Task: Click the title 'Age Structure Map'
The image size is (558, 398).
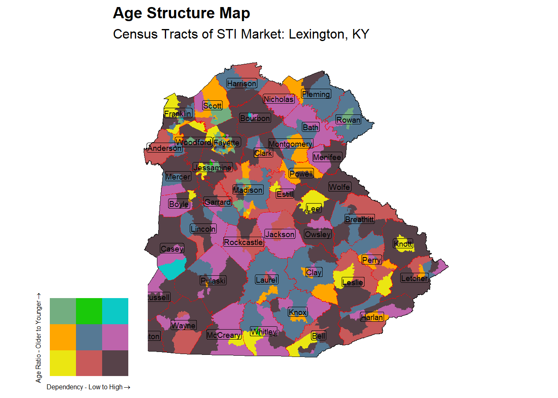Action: click(x=181, y=13)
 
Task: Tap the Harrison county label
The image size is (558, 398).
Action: click(x=242, y=83)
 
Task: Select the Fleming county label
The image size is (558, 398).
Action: click(x=316, y=94)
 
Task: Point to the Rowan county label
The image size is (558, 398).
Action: click(x=348, y=120)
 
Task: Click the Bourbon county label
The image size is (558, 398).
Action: click(x=255, y=118)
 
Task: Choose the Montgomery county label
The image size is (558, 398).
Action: click(x=290, y=144)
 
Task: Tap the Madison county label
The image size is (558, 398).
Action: click(x=248, y=190)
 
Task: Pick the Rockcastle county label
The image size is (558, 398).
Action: click(x=243, y=242)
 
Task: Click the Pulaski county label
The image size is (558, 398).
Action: click(x=213, y=281)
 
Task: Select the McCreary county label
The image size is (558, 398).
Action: click(x=224, y=335)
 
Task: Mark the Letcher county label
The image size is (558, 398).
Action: click(x=414, y=278)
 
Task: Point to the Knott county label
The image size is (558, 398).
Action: click(x=403, y=243)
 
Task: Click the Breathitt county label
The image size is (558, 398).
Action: click(x=360, y=219)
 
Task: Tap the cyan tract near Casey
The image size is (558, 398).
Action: click(x=172, y=269)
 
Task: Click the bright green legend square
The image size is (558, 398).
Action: click(x=89, y=311)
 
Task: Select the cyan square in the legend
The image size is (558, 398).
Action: click(x=115, y=311)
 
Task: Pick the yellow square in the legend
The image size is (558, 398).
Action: click(x=63, y=363)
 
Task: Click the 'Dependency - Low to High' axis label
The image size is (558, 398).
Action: click(x=88, y=387)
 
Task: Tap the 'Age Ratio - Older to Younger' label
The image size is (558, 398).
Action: click(x=39, y=338)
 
